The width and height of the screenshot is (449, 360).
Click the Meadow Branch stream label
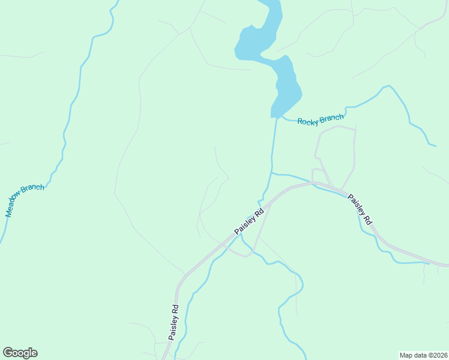coord(25,200)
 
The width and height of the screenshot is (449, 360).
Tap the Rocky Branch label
coord(321,119)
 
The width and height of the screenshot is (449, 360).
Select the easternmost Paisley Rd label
coord(361,209)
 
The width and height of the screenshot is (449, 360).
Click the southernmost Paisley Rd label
coord(173,323)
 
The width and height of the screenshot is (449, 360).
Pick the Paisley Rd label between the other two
coord(249,221)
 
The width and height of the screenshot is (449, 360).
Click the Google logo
coord(20,353)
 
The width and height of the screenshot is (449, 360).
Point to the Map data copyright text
coord(423,355)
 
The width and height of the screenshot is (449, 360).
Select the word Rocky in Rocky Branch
coord(310,121)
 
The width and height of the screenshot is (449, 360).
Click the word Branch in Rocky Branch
coord(333,118)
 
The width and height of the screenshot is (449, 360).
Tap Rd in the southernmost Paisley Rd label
coord(175,310)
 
